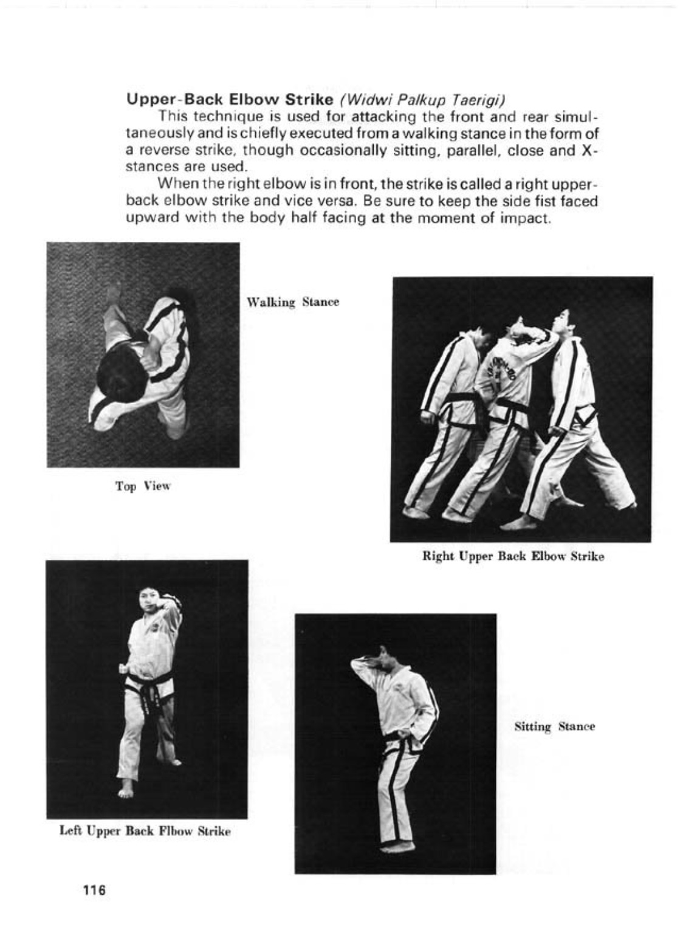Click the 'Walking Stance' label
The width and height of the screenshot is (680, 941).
tap(292, 302)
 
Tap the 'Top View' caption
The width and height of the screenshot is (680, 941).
tap(143, 486)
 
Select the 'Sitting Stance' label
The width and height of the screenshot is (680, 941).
tap(554, 726)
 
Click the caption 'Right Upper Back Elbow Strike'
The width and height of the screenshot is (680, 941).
tap(513, 556)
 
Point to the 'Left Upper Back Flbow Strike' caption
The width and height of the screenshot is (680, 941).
tap(145, 831)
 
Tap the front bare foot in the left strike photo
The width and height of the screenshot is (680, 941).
tap(125, 790)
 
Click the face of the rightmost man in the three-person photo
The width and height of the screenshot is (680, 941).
tap(562, 321)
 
